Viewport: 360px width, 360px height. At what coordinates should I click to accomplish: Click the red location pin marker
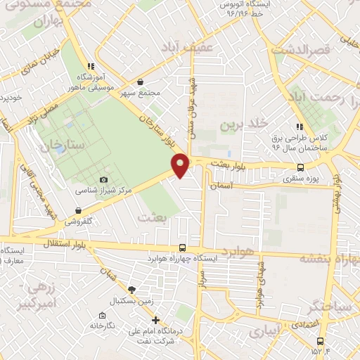pos(181,165)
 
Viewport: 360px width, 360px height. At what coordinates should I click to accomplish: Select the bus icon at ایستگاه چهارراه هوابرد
pos(183,247)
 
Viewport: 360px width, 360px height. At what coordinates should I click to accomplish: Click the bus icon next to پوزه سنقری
pos(301,167)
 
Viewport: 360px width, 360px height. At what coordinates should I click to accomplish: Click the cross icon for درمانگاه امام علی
pos(156,321)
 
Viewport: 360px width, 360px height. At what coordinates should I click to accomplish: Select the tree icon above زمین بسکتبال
pos(131,290)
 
